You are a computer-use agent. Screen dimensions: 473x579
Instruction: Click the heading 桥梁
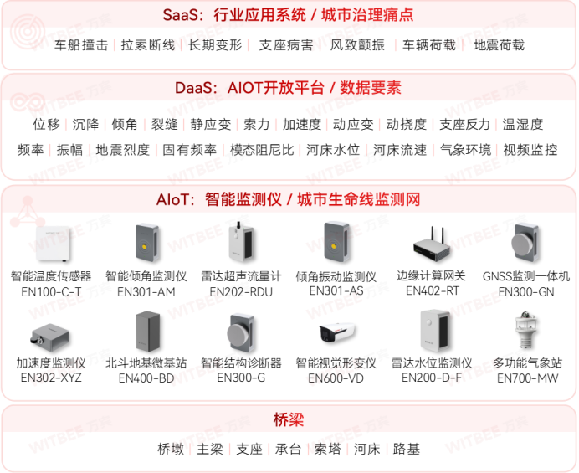(289, 419)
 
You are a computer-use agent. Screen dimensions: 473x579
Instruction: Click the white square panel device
(52, 243)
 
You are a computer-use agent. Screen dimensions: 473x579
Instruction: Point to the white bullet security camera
(337, 333)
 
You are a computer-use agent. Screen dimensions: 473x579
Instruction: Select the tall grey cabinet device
(147, 331)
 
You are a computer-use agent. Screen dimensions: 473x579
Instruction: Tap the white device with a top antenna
(240, 242)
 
